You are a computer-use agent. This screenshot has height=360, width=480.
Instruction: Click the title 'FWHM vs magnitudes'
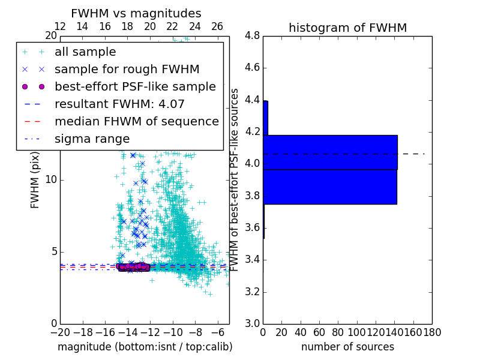click(x=136, y=13)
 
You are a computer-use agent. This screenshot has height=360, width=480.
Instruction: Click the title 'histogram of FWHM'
click(x=347, y=28)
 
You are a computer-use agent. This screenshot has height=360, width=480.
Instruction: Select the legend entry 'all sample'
click(x=85, y=52)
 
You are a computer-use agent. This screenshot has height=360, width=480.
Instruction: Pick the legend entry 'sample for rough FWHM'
click(x=127, y=70)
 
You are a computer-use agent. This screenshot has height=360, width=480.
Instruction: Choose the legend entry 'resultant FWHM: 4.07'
click(x=119, y=104)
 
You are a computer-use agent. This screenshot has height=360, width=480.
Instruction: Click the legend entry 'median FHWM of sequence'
click(x=136, y=122)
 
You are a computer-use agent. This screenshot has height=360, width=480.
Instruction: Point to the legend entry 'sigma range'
click(x=92, y=139)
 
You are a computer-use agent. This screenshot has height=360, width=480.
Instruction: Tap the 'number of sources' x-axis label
click(x=347, y=347)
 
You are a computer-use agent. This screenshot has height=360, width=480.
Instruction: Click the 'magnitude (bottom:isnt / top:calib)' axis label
click(x=145, y=347)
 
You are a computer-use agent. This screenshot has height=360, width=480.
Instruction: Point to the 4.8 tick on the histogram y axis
click(x=252, y=36)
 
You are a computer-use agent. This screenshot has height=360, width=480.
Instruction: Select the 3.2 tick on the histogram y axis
click(x=252, y=292)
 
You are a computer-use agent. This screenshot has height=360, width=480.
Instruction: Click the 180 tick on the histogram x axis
click(x=432, y=332)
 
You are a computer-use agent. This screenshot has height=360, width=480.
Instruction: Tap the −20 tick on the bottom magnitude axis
click(x=60, y=332)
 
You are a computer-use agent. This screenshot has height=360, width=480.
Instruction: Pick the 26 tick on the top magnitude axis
click(x=217, y=26)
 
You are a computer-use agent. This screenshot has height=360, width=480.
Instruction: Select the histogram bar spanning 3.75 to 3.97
click(x=330, y=187)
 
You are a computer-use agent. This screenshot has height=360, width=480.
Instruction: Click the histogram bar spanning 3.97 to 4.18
click(x=330, y=152)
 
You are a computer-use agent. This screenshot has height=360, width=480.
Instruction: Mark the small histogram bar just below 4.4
click(x=265, y=118)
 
